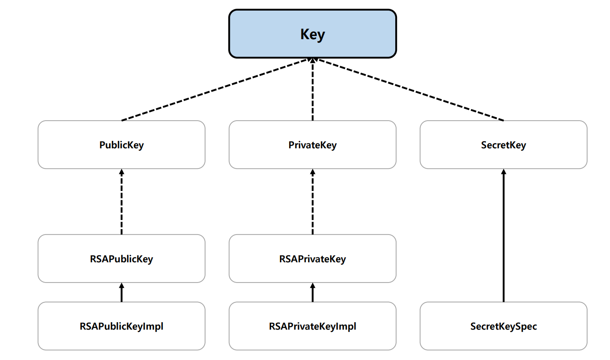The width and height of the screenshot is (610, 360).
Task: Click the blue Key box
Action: coord(312,34)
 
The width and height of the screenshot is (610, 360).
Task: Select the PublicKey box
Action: coord(121,145)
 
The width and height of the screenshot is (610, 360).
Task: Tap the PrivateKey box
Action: coord(312,145)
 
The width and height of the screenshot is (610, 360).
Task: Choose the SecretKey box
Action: coord(503,145)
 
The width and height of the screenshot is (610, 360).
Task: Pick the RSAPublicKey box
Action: coord(121,258)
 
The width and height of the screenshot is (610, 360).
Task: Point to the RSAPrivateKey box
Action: coord(312,258)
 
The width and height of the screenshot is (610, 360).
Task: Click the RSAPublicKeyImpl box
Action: coord(121,326)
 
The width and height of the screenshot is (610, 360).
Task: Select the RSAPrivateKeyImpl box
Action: coord(312,326)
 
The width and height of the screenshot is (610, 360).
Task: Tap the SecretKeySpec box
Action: coord(503,326)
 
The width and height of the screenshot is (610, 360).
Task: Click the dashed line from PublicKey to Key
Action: coord(215,90)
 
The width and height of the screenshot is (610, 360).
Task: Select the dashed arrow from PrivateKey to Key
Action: coord(312,89)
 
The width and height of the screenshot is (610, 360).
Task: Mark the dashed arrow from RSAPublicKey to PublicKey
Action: coord(121,202)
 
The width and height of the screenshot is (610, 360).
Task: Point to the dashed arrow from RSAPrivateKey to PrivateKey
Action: coord(312,202)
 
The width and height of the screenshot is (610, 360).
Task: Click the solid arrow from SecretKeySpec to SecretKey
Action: coord(503,235)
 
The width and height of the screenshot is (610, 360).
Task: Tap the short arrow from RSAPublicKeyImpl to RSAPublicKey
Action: coord(121,292)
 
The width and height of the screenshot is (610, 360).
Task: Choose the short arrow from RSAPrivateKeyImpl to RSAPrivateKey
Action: coord(312,292)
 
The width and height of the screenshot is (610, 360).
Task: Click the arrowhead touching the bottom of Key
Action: coord(312,60)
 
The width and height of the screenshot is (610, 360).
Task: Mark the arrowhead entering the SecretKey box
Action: coord(503,172)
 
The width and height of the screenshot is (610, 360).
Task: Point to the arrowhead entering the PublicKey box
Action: coord(121,172)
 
